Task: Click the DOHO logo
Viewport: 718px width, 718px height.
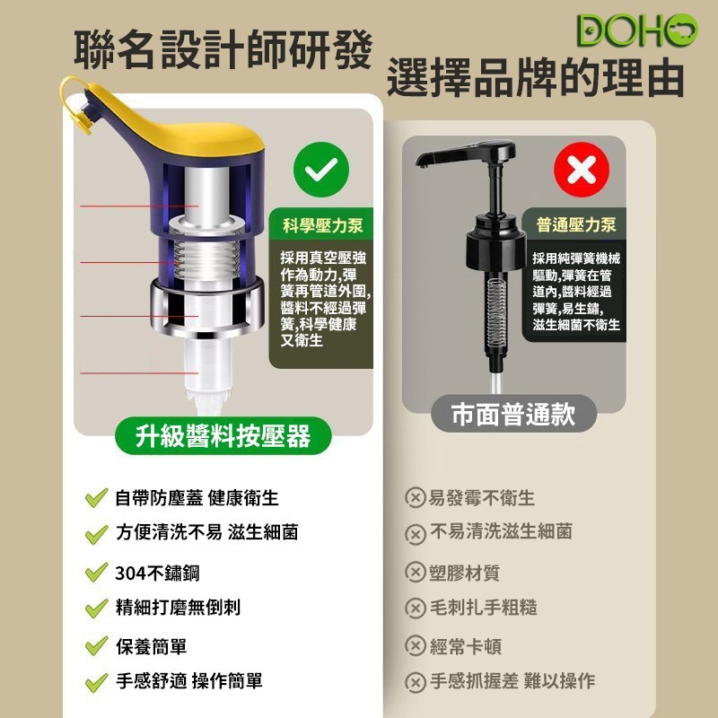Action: pos(636,30)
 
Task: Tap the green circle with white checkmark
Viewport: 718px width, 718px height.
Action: pos(321,170)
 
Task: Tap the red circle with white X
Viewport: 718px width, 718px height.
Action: pos(581,170)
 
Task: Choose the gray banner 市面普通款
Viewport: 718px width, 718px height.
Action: pos(512,414)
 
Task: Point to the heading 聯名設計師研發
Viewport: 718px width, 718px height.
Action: pos(222,50)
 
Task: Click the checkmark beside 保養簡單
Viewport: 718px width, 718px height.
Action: pos(96,647)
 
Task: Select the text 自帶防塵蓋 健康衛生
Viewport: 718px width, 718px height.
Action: pos(196,498)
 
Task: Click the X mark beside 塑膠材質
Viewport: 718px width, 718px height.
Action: pos(415,573)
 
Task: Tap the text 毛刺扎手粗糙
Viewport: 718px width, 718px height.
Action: pos(483,608)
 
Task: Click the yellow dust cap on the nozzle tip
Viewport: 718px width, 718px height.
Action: pos(83,118)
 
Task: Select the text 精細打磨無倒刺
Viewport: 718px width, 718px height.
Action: pos(178,608)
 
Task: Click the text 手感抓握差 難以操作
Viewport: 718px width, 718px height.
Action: pos(512,681)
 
